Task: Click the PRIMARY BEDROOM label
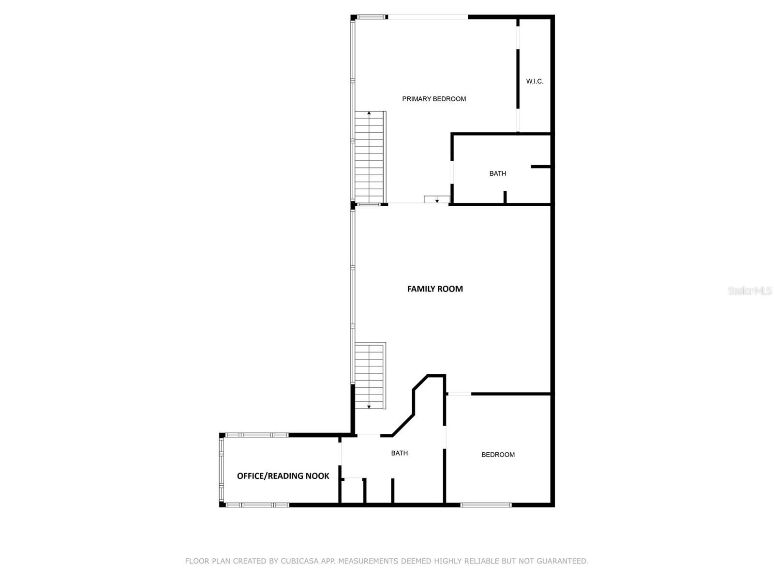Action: (x=434, y=99)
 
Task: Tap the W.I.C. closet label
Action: (x=535, y=81)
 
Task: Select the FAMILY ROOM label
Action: (x=435, y=289)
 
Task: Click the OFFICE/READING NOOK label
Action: (x=283, y=476)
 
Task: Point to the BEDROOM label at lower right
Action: (x=498, y=455)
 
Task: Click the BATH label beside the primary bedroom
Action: (x=497, y=173)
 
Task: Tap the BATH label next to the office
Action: (x=399, y=453)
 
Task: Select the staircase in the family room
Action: (x=370, y=375)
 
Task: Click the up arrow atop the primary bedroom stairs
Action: (x=369, y=113)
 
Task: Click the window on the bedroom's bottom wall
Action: (x=486, y=505)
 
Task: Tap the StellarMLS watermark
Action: (x=750, y=290)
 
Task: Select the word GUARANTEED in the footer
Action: (x=563, y=561)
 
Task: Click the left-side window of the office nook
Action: (x=222, y=470)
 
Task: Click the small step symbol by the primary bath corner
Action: (x=437, y=199)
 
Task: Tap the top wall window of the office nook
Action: (x=257, y=435)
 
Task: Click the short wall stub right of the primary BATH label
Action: (x=541, y=167)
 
